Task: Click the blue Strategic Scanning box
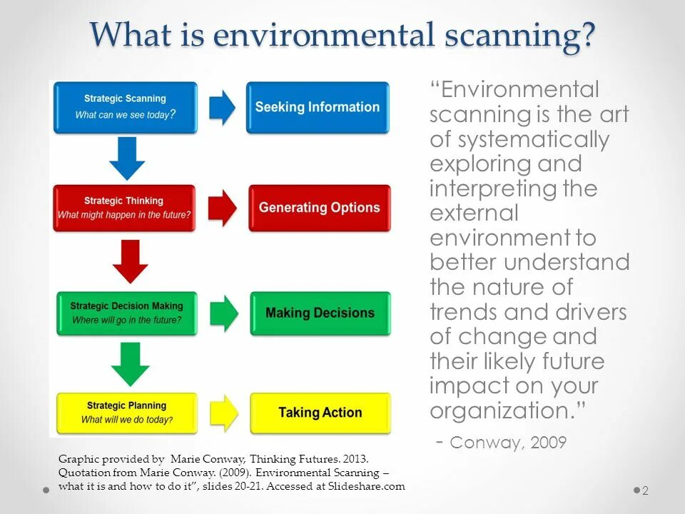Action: pos(125,107)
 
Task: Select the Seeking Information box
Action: pos(318,107)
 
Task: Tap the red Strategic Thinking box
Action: pos(124,208)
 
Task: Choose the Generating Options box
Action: pos(319,208)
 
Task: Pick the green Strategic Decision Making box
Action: pos(126,313)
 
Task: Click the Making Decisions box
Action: pos(320,313)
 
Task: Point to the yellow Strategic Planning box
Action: pos(126,413)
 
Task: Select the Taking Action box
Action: pos(320,413)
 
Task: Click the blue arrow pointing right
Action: pos(222,107)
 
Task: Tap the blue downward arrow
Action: pos(127,158)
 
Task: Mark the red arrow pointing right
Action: pos(223,208)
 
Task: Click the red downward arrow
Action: pos(130,261)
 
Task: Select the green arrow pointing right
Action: pos(225,313)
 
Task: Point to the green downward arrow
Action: pos(130,364)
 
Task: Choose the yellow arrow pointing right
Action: pos(225,413)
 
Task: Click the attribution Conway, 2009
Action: pos(508,443)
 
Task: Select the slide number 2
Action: pos(645,490)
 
